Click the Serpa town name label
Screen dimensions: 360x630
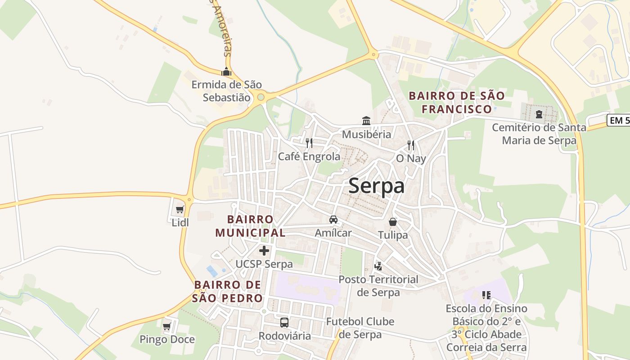[x=376, y=186]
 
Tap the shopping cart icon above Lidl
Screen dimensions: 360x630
[x=180, y=209]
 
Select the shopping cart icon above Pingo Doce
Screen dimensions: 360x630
[x=167, y=326]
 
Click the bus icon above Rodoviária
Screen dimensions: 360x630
[x=284, y=322]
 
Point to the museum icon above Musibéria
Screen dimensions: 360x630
[x=366, y=121]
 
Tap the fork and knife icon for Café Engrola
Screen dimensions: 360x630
[x=309, y=143]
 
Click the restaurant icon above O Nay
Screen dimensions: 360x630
[x=411, y=145]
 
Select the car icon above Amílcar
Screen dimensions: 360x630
[x=333, y=220]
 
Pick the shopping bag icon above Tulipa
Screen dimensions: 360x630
[x=393, y=222]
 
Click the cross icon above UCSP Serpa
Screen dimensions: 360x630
[x=264, y=251]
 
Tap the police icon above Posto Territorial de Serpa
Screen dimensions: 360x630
[x=378, y=266]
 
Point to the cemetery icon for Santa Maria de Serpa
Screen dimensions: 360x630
[x=539, y=114]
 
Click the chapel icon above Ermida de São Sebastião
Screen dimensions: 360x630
[x=226, y=72]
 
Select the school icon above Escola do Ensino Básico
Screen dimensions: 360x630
[x=486, y=295]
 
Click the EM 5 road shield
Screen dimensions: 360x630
[x=618, y=120]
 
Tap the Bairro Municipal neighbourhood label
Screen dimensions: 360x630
[x=250, y=226]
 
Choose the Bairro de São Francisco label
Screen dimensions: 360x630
[x=457, y=102]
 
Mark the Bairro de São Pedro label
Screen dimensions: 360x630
[x=228, y=291]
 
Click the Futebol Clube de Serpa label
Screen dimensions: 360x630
[x=360, y=328]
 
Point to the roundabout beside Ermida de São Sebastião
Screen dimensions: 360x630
[x=261, y=97]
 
